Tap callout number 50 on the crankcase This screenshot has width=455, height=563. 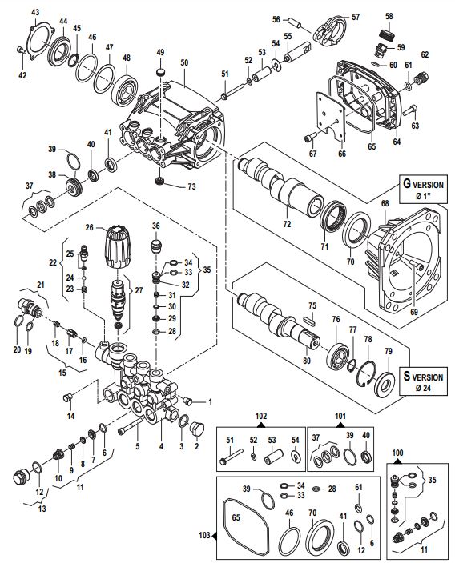point(184,62)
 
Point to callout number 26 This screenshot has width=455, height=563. point(90,226)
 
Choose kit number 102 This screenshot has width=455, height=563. point(260,416)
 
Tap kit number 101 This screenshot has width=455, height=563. point(341,416)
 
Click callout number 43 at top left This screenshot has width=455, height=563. point(34,11)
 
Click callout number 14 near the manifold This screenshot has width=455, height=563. point(70,416)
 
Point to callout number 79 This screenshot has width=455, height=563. point(388,350)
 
